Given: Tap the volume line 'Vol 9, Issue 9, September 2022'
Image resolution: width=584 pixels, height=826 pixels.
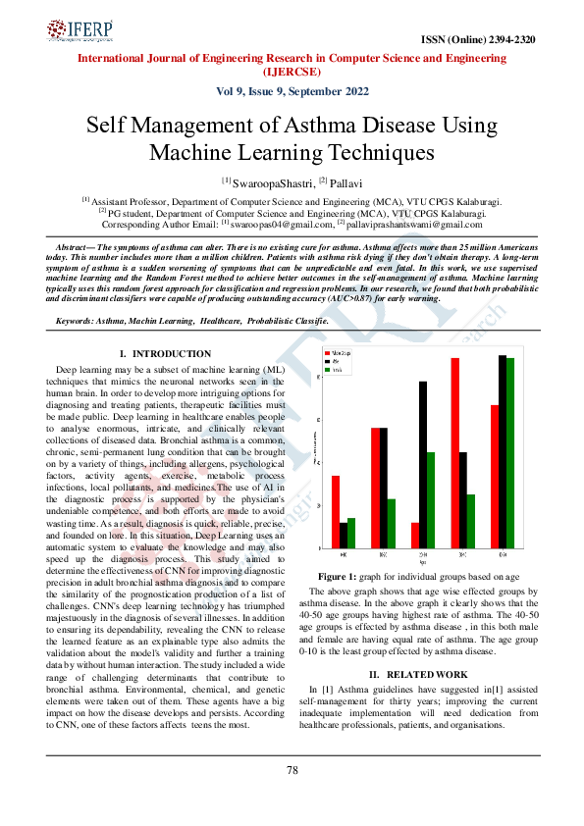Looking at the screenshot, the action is pos(292,91).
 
